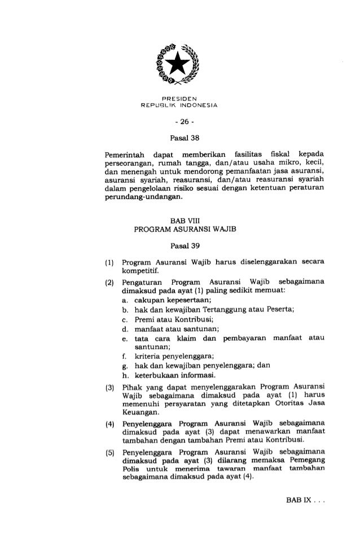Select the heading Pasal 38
[x=179, y=137]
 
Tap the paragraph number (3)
[x=107, y=386]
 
